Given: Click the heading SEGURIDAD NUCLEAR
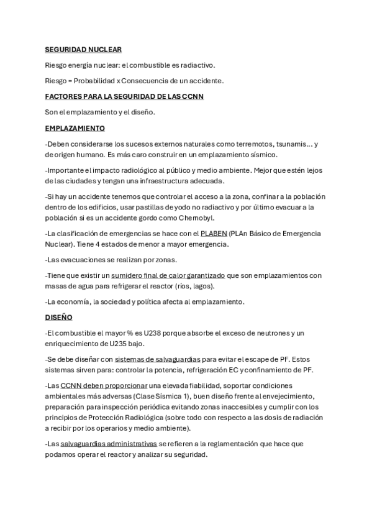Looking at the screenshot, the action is coord(83,49).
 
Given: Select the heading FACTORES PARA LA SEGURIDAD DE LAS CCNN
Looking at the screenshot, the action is coord(124,96).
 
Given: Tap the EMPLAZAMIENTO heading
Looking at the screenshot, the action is coord(75,128).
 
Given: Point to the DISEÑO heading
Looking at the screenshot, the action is coord(59,317).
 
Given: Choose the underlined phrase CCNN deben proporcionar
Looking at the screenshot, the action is coord(104,386).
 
